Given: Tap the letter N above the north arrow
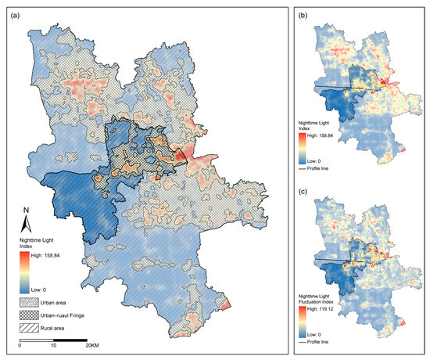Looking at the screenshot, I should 26,210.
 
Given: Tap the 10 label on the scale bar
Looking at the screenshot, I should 54,345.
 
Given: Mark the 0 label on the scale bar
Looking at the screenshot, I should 20,345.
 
